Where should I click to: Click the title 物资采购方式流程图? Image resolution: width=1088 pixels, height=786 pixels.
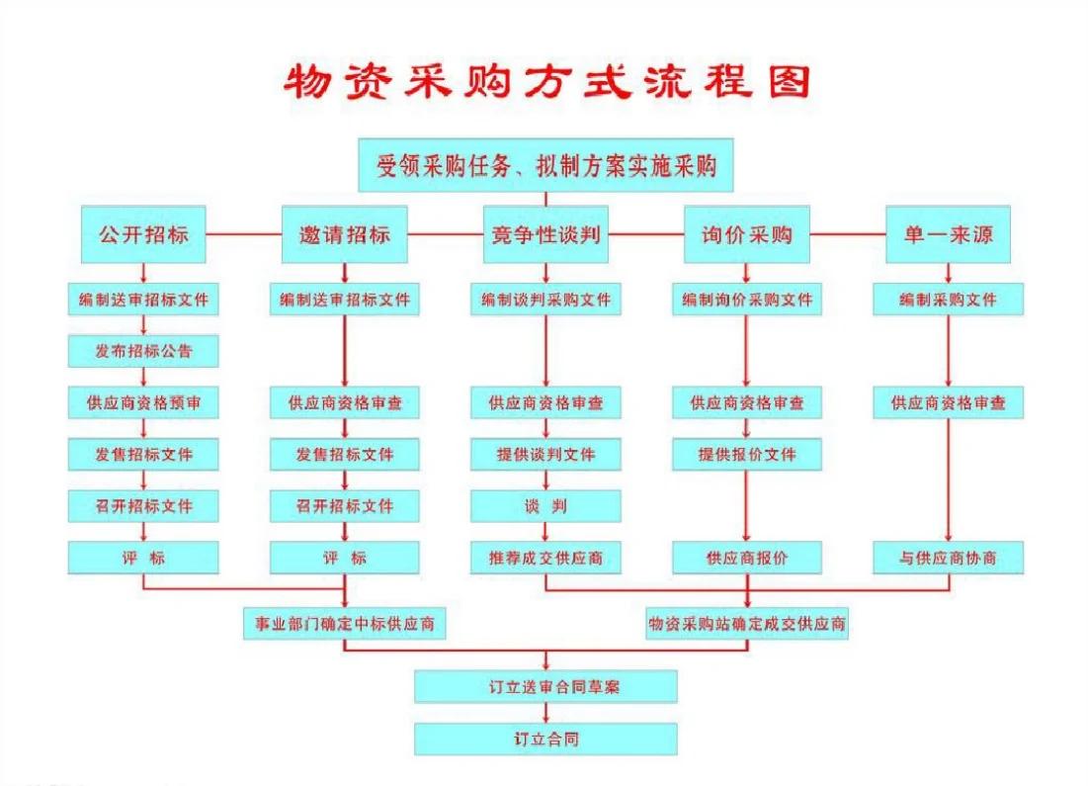coord(545,82)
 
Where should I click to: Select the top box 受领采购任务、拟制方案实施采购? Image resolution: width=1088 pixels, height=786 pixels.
coord(545,165)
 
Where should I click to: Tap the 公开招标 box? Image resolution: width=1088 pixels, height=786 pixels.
coord(143,235)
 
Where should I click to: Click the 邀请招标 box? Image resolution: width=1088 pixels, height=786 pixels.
coord(344,235)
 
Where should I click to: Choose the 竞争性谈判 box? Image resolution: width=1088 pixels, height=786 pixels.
coord(545,235)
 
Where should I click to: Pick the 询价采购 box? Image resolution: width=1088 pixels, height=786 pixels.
coord(746,235)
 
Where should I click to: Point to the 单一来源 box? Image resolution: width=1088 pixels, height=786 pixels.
coord(948,235)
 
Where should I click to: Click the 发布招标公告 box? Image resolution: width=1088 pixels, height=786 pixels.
coord(143,351)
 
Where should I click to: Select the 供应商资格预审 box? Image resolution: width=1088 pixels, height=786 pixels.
coord(143,402)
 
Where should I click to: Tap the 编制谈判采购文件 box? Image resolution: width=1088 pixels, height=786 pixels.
coord(545,300)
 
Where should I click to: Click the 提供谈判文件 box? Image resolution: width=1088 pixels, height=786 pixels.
coord(545,455)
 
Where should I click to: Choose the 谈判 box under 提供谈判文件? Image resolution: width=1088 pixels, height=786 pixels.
coord(545,506)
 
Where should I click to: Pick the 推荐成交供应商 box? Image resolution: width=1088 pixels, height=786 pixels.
coord(545,558)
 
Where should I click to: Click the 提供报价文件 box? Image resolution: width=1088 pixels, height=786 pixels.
coord(746,455)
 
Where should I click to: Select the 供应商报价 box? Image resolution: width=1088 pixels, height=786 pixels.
coord(746,558)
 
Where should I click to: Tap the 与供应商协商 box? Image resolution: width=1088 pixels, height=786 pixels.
coord(948,558)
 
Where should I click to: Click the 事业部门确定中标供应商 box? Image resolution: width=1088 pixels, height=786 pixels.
coord(344,624)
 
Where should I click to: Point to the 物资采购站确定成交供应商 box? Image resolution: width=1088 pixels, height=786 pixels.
coord(746,624)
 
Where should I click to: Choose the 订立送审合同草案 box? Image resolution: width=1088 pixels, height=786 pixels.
coord(545,686)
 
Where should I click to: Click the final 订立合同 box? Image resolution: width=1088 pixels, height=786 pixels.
coord(545,739)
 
